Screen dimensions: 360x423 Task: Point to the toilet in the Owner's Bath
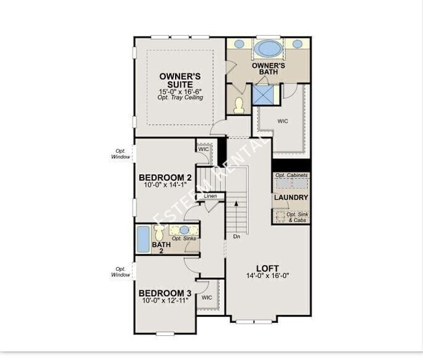238,104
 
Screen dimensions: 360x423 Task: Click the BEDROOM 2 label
165,177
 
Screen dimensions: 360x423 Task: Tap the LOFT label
267,268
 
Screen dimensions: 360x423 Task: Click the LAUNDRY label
291,198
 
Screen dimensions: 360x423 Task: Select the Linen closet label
210,196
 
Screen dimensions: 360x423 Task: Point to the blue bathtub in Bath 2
143,239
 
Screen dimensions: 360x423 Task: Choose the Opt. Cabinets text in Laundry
291,176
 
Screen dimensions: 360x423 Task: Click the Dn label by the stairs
237,236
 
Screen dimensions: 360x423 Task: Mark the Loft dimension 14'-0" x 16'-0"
267,276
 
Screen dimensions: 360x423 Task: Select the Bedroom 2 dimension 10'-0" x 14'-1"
165,186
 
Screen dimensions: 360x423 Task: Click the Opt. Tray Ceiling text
180,98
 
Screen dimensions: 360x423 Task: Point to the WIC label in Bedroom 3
206,298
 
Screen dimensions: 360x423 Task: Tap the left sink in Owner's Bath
239,44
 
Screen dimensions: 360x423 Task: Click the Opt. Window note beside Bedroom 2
120,154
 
